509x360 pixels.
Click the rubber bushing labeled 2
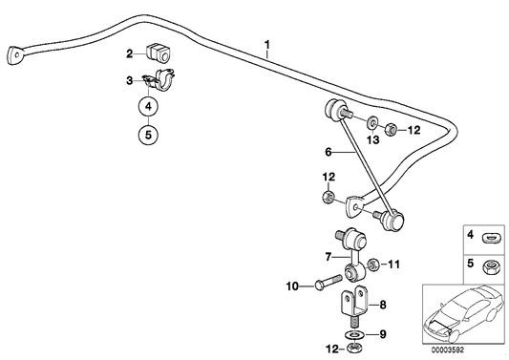pyautogui.click(x=159, y=53)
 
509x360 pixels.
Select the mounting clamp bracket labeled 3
pyautogui.click(x=160, y=79)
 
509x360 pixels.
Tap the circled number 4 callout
pyautogui.click(x=148, y=106)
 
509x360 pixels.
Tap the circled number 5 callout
pyautogui.click(x=148, y=135)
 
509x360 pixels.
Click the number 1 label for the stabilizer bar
pyautogui.click(x=267, y=44)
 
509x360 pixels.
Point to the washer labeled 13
pyautogui.click(x=372, y=123)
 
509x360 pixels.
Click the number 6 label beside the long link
pyautogui.click(x=329, y=152)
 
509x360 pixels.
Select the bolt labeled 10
pyautogui.click(x=329, y=283)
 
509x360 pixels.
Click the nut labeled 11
pyautogui.click(x=372, y=265)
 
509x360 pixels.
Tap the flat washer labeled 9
pyautogui.click(x=354, y=333)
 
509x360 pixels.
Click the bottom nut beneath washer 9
pyautogui.click(x=354, y=349)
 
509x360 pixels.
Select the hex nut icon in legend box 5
pyautogui.click(x=491, y=268)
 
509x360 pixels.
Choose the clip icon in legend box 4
pyautogui.click(x=491, y=239)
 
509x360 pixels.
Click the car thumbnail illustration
pyautogui.click(x=463, y=313)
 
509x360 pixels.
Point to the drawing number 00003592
pyautogui.click(x=448, y=349)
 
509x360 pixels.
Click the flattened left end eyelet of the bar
pyautogui.click(x=15, y=55)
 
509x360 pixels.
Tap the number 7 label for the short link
pyautogui.click(x=329, y=257)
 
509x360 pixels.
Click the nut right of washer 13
pyautogui.click(x=391, y=130)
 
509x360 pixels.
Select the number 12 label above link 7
pyautogui.click(x=329, y=178)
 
